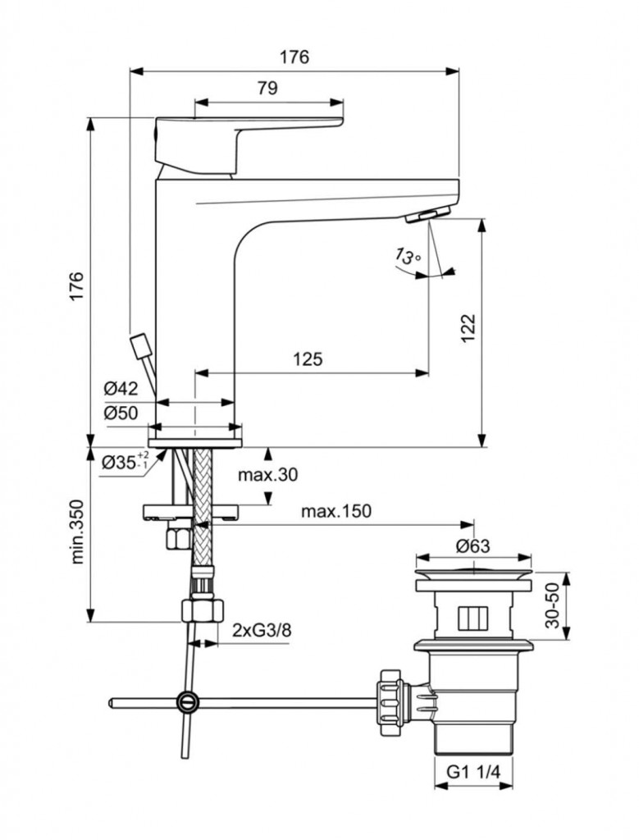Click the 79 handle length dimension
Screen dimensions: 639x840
267,88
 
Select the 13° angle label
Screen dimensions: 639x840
409,257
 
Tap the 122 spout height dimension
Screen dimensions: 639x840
468,328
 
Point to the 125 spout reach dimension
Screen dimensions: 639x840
308,358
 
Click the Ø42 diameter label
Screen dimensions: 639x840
121,388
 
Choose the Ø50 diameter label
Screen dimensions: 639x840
121,413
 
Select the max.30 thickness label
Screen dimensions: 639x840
267,475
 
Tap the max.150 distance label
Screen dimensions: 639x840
335,511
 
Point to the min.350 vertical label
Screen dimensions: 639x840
78,532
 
